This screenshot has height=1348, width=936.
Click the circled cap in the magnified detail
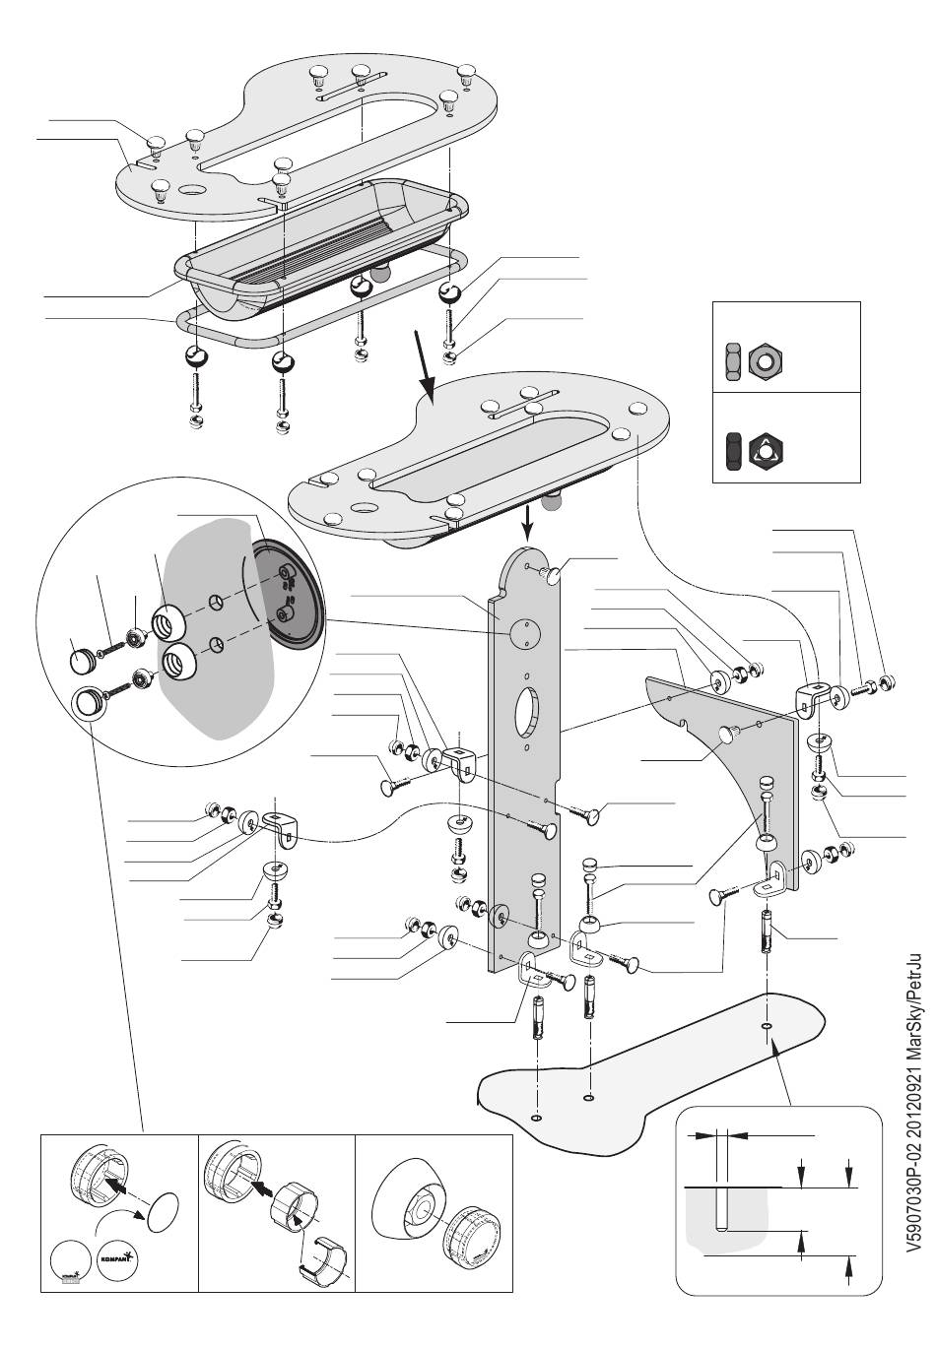(x=89, y=703)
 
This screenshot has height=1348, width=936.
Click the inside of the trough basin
(x=315, y=241)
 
